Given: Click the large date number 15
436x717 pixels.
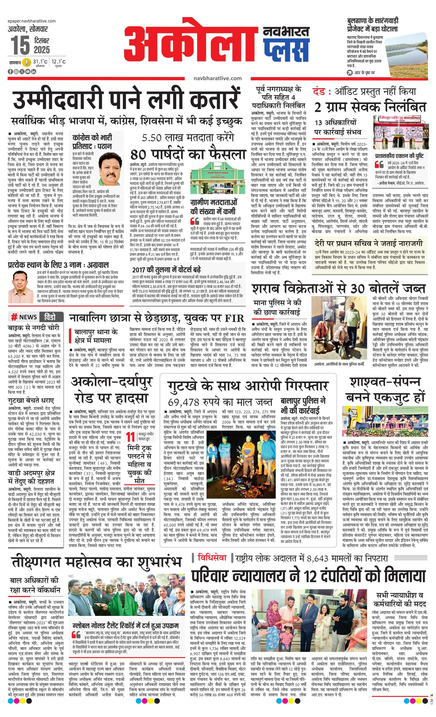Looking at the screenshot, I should [20, 45].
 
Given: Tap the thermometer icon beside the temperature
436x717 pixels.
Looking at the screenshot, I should [27, 62].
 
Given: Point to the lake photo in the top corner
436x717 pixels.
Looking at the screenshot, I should [406, 52].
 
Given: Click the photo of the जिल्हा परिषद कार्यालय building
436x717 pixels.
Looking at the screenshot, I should [401, 131].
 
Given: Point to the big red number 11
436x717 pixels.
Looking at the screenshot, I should [131, 437].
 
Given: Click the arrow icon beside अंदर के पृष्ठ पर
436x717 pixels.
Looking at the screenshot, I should [350, 73].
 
